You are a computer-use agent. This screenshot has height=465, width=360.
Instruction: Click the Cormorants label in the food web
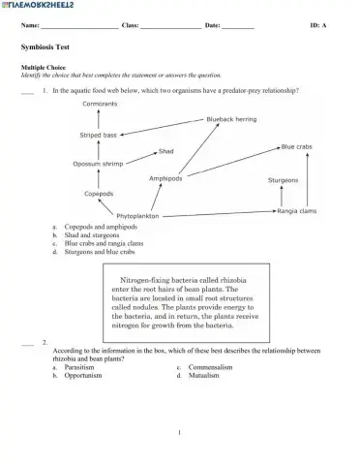pyautogui.click(x=100, y=103)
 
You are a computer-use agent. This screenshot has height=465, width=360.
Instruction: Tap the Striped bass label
pyautogui.click(x=98, y=135)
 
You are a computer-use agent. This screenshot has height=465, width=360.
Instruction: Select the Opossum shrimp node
pyautogui.click(x=98, y=164)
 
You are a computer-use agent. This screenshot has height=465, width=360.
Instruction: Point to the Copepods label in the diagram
pyautogui.click(x=99, y=193)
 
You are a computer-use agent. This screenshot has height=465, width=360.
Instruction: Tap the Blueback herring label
pyautogui.click(x=231, y=118)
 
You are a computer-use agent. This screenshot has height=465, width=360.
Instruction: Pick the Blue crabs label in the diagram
pyautogui.click(x=296, y=146)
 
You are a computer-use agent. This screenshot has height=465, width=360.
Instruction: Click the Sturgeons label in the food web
pyautogui.click(x=283, y=179)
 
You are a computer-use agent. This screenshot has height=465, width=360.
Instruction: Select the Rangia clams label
pyautogui.click(x=297, y=210)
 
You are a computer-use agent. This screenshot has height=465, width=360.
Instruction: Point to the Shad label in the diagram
pyautogui.click(x=166, y=151)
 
